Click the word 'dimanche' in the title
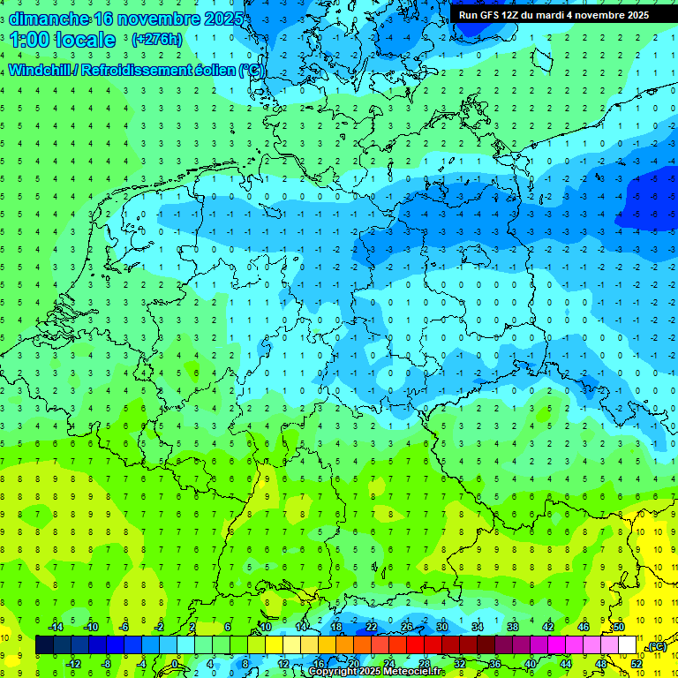coord(49,18)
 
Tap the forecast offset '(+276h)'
coord(156,40)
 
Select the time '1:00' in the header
coord(30,40)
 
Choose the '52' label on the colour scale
coord(637,663)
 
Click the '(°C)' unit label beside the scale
coord(656,646)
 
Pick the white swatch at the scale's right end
coord(627,645)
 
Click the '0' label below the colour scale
coord(176,663)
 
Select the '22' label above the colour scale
coord(372,627)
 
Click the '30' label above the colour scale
coord(442,627)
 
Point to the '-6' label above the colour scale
coord(124,627)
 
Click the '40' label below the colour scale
coord(530,663)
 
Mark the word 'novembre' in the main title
coord(169,18)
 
